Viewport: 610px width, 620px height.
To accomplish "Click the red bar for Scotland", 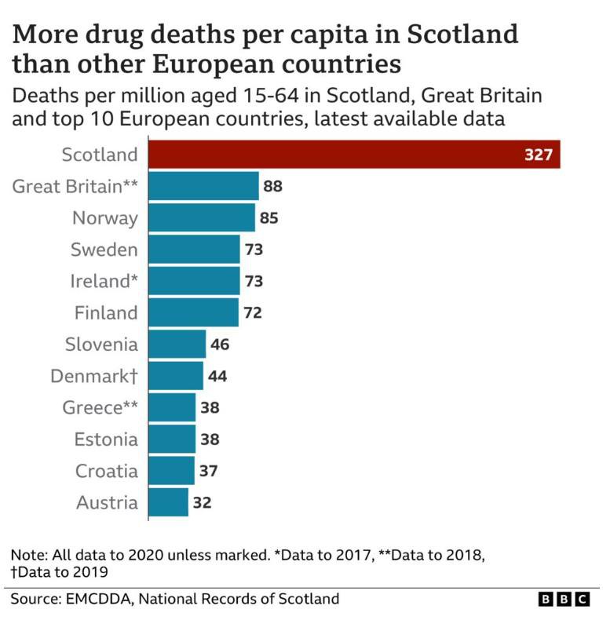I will pyautogui.click(x=353, y=155).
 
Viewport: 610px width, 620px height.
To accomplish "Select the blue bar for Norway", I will pyautogui.click(x=202, y=217).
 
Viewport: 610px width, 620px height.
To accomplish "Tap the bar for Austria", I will pyautogui.click(x=168, y=502).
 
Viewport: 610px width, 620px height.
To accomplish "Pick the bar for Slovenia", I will pyautogui.click(x=177, y=344).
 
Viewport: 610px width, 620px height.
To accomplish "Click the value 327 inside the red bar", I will pyautogui.click(x=539, y=155).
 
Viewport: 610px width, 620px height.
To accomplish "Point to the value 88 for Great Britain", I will pyautogui.click(x=272, y=186).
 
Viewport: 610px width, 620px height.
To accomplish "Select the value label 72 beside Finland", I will pyautogui.click(x=252, y=312).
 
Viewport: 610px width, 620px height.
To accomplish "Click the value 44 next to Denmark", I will pyautogui.click(x=217, y=376).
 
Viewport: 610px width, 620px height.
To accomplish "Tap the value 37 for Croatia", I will pyautogui.click(x=208, y=471).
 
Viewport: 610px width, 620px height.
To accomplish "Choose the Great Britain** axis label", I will pyautogui.click(x=75, y=186).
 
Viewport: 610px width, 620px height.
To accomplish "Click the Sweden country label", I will pyautogui.click(x=104, y=250).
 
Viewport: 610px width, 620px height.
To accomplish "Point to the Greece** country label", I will pyautogui.click(x=100, y=407).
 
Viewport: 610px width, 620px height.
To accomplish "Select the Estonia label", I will pyautogui.click(x=106, y=439).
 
